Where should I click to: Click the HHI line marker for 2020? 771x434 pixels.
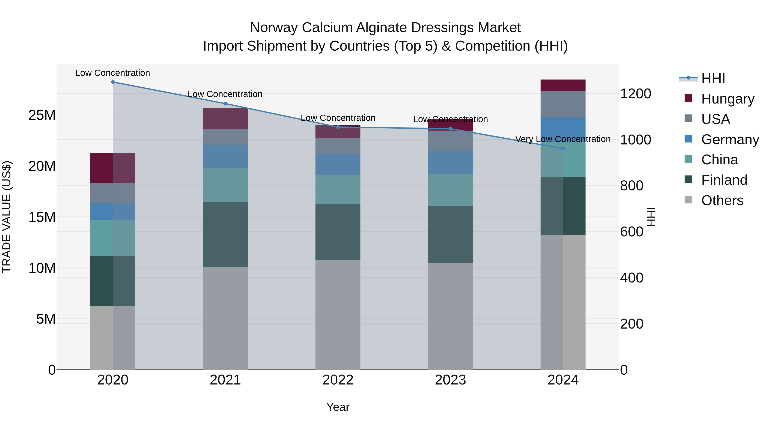coord(113,82)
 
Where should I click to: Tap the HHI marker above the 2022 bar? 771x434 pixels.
coord(338,127)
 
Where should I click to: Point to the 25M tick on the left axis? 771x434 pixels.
coord(42,115)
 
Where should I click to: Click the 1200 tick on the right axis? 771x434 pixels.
coord(635,94)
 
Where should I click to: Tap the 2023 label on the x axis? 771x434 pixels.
coord(450,380)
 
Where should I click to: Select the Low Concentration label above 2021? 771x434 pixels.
coord(225,94)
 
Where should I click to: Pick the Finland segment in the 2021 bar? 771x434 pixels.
coord(225,234)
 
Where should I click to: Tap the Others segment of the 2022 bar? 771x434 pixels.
coord(338,314)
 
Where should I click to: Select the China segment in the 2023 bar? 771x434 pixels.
coord(450,190)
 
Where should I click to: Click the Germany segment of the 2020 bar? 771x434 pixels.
coord(113,212)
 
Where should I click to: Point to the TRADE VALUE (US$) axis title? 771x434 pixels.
coord(7,217)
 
